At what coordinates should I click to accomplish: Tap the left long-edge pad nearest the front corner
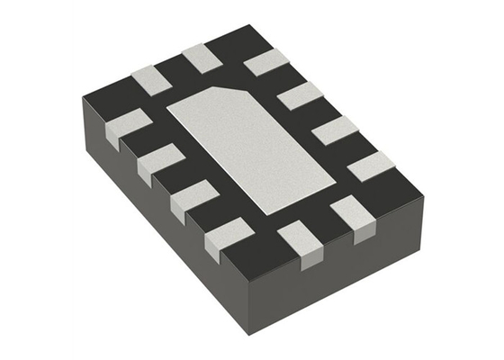point(226,238)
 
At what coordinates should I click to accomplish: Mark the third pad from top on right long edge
point(335,130)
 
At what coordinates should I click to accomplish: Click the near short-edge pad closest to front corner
point(298,241)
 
